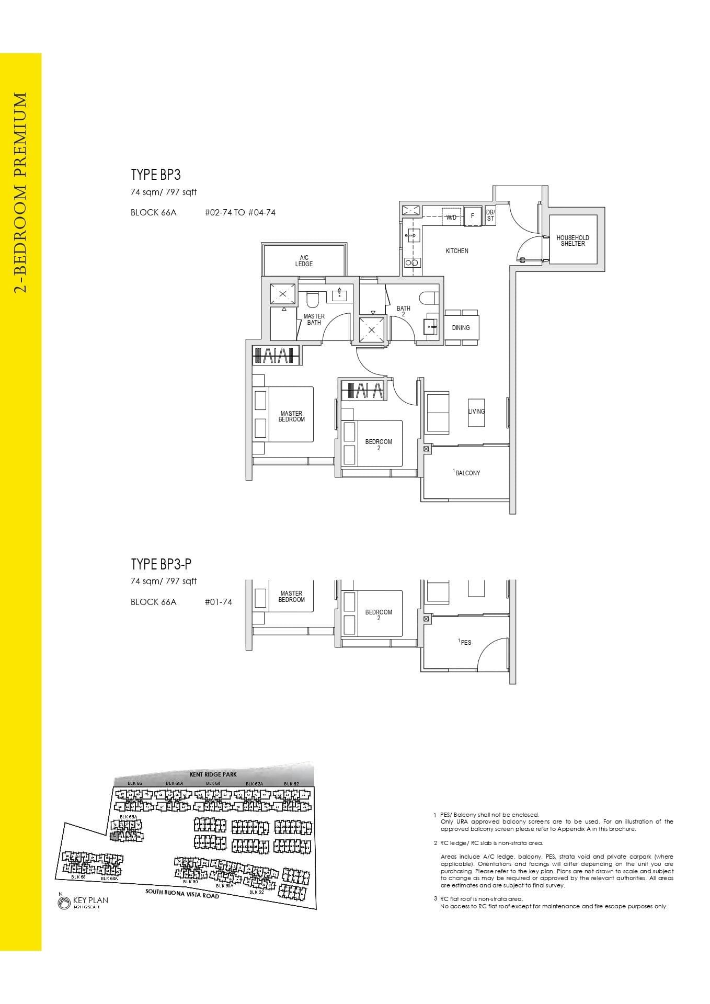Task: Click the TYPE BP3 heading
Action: click(x=156, y=175)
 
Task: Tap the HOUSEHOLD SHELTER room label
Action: click(x=572, y=241)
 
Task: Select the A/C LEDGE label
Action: click(x=304, y=261)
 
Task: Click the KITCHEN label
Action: click(x=457, y=251)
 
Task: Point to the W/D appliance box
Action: click(x=451, y=217)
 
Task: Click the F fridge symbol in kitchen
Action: click(x=473, y=216)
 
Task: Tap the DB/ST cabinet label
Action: click(x=490, y=215)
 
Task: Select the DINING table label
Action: click(x=461, y=328)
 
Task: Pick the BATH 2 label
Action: click(x=403, y=311)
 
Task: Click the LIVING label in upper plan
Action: click(x=476, y=412)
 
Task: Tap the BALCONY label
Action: click(x=467, y=473)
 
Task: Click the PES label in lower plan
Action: click(x=465, y=642)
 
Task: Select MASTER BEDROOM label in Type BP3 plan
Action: click(x=291, y=417)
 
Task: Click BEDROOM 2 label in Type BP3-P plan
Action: click(x=379, y=615)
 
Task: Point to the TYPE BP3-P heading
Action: click(x=161, y=564)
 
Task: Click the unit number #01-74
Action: click(x=219, y=602)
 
